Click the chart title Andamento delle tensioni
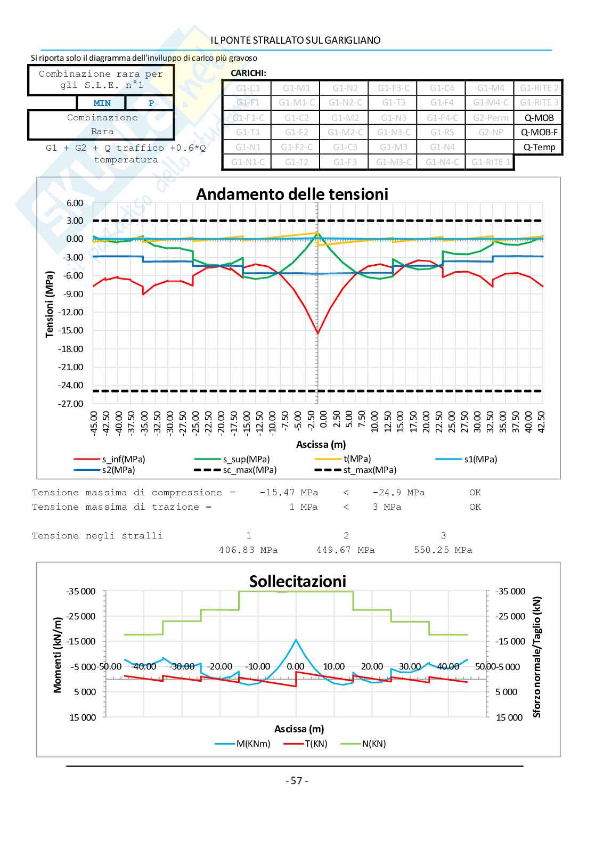(292, 194)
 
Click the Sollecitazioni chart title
(297, 582)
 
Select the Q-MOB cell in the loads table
(539, 118)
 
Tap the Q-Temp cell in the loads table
(539, 147)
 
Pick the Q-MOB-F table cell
(539, 132)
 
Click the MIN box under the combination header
(102, 103)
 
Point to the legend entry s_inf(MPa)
(123, 459)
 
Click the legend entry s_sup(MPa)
(246, 459)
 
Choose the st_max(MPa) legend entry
(369, 470)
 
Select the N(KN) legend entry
(373, 744)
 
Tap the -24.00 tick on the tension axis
(71, 385)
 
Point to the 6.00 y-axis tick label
(75, 203)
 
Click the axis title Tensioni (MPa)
(50, 304)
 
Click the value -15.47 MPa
(288, 493)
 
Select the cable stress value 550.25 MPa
(443, 550)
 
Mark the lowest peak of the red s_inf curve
(317, 333)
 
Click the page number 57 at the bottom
(297, 781)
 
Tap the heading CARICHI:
(248, 74)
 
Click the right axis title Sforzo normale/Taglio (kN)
(536, 656)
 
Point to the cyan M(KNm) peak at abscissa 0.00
(296, 640)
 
